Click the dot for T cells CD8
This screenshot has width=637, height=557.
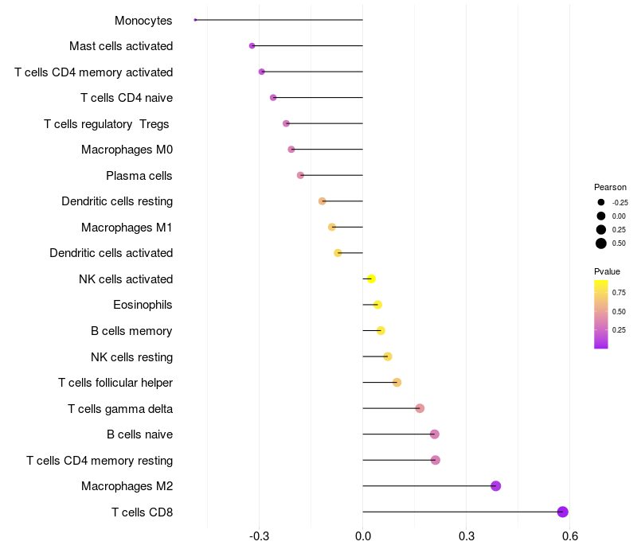563,512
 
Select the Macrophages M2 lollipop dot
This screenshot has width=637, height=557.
496,486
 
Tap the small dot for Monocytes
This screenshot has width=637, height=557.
195,20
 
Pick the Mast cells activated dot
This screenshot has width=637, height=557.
252,46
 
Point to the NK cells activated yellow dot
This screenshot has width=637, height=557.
371,278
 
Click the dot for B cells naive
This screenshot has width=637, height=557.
435,434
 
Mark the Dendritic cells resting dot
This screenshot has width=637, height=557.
322,201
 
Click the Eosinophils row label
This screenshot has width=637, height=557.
143,305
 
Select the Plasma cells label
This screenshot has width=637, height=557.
139,175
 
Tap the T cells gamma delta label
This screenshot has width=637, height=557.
120,408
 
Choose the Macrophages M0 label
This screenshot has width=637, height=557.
127,150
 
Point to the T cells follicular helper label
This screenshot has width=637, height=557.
115,383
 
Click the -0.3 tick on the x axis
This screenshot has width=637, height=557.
260,536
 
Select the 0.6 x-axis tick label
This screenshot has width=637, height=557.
570,536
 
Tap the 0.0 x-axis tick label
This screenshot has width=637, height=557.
363,536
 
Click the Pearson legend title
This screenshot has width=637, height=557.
610,187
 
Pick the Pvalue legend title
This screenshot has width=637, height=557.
608,271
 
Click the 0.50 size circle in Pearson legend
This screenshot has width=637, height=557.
601,243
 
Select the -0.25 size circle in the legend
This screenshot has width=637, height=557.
601,202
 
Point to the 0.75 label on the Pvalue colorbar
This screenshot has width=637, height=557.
619,292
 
